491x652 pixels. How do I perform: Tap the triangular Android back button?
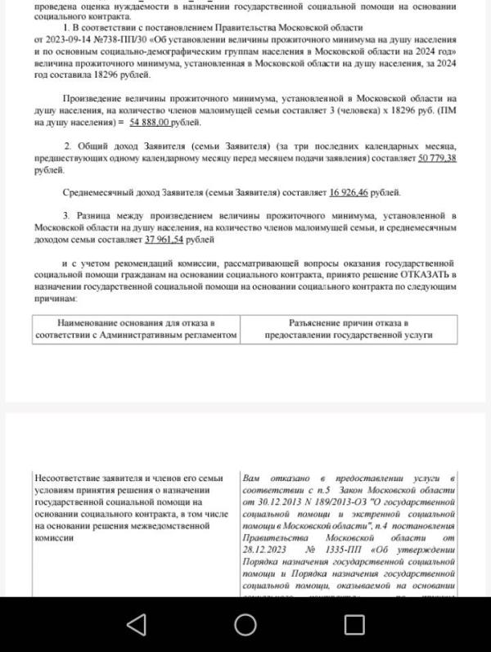click(x=137, y=625)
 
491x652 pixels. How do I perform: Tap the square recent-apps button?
click(x=354, y=625)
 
